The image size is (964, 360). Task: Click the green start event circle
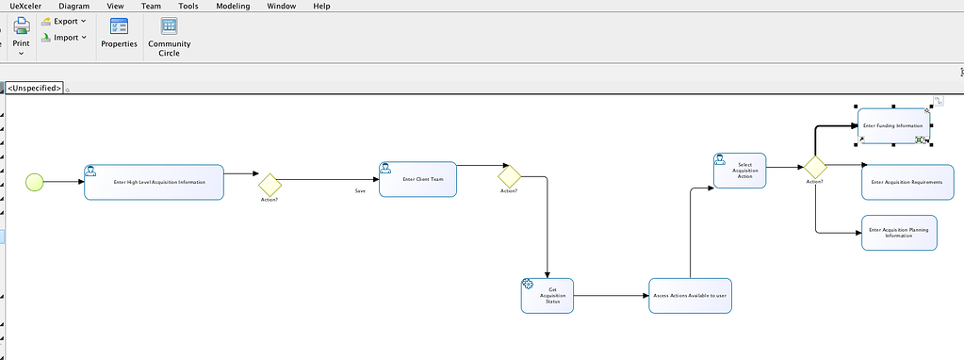click(x=35, y=182)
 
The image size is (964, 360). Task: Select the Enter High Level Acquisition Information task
click(x=154, y=182)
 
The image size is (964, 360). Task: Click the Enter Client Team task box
click(x=417, y=178)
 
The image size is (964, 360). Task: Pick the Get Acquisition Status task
click(x=547, y=295)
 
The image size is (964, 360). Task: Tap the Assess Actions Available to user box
click(x=691, y=295)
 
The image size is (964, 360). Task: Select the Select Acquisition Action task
click(x=740, y=172)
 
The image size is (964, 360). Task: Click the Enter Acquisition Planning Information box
click(x=899, y=233)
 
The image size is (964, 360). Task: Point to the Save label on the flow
click(x=360, y=191)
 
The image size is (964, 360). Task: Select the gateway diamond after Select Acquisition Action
click(x=815, y=167)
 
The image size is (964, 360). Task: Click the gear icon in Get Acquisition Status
click(x=529, y=284)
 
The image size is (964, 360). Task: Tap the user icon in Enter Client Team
click(x=386, y=168)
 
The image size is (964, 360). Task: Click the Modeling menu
click(x=233, y=6)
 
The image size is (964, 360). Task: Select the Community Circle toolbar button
click(x=169, y=37)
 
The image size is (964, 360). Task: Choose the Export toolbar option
click(x=65, y=21)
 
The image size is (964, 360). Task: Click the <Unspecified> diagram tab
click(x=34, y=88)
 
